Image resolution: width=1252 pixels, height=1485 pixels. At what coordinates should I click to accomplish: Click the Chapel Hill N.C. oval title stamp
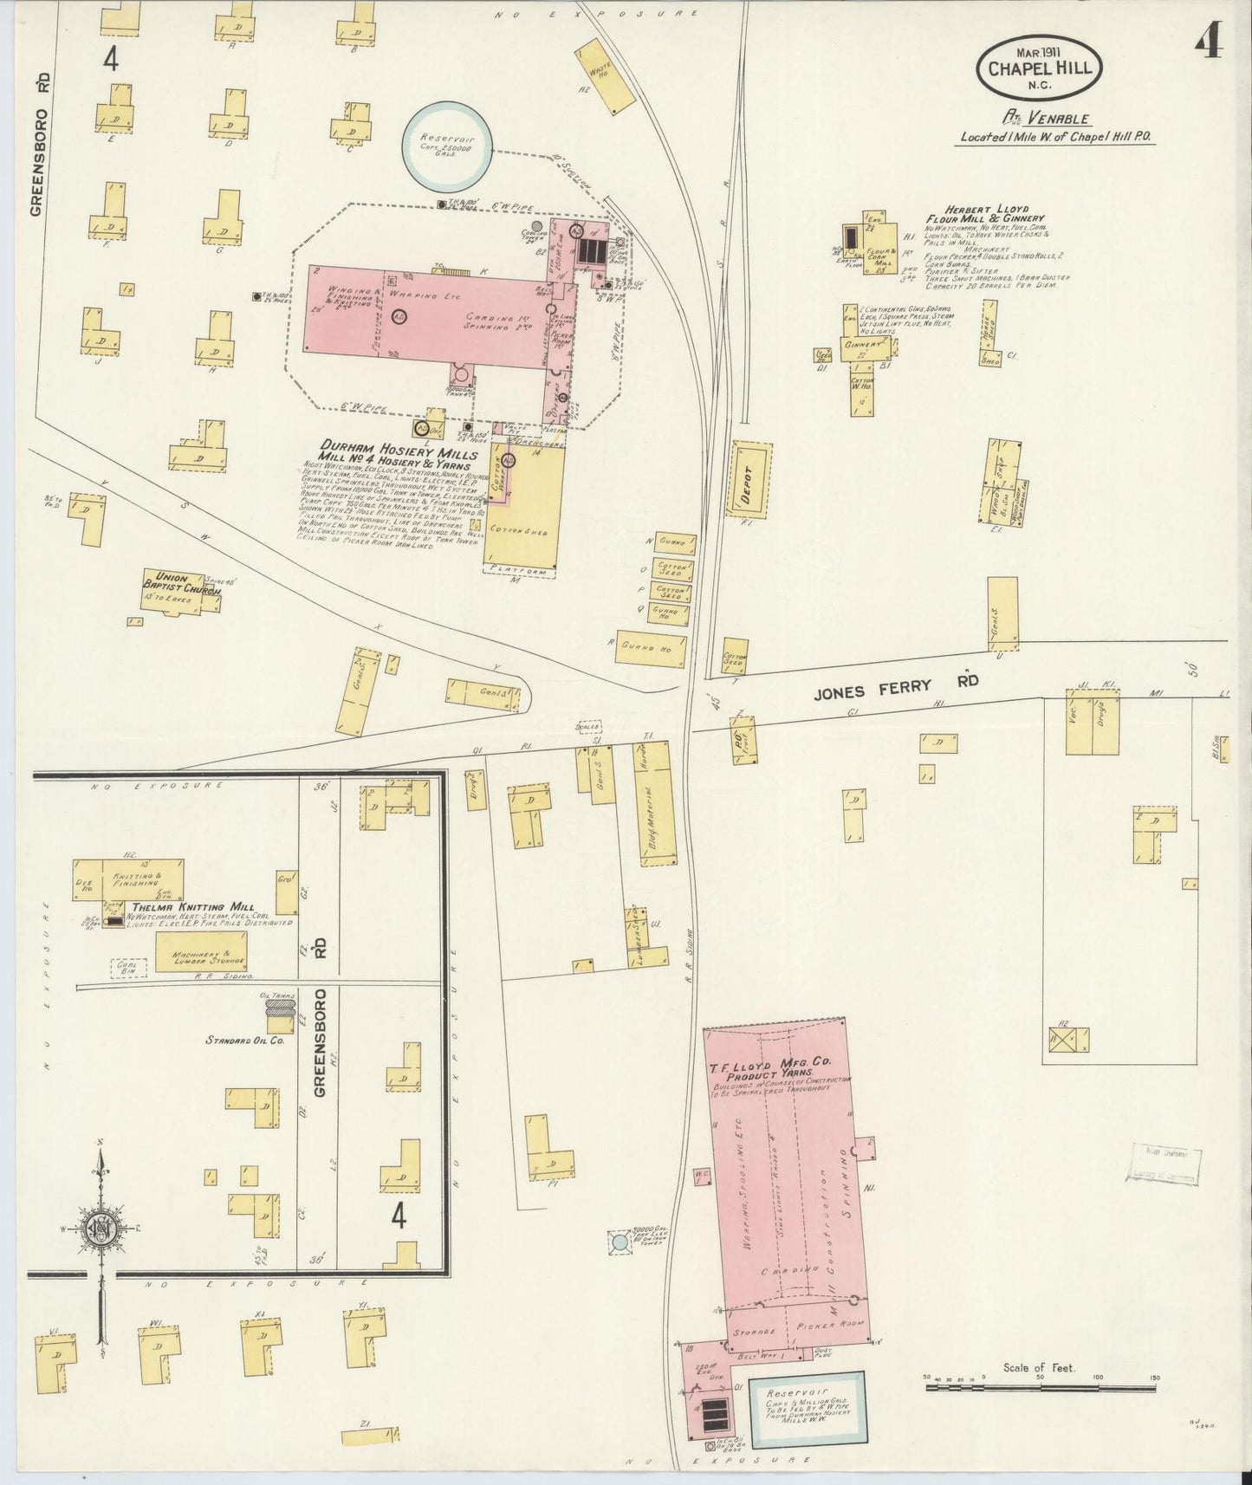click(1039, 67)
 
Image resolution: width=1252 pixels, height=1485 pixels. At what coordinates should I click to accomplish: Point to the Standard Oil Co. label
click(246, 1040)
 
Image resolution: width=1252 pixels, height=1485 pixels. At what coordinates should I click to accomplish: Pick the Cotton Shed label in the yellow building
click(518, 529)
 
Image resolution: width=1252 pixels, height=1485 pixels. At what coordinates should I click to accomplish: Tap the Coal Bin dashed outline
click(127, 967)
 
